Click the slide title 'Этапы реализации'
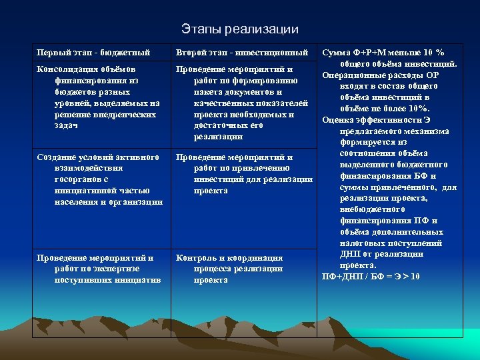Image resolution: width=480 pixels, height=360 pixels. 240,29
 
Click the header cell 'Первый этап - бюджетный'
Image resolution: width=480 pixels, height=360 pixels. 93,52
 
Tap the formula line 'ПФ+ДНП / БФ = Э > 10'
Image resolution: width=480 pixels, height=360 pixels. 371,276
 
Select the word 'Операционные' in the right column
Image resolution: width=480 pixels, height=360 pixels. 351,75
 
